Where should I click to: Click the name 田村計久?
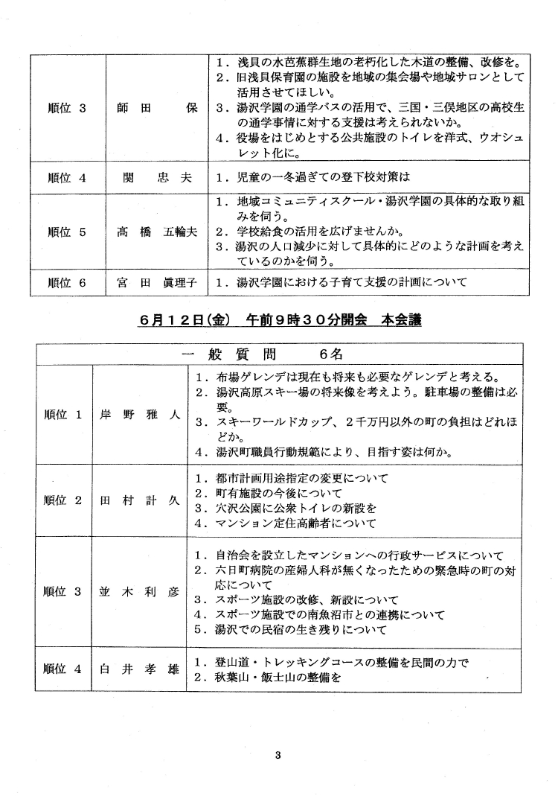pyautogui.click(x=140, y=500)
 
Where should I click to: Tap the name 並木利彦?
pyautogui.click(x=140, y=593)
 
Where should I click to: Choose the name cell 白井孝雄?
pyautogui.click(x=140, y=669)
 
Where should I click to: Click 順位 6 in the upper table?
pyautogui.click(x=67, y=282)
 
